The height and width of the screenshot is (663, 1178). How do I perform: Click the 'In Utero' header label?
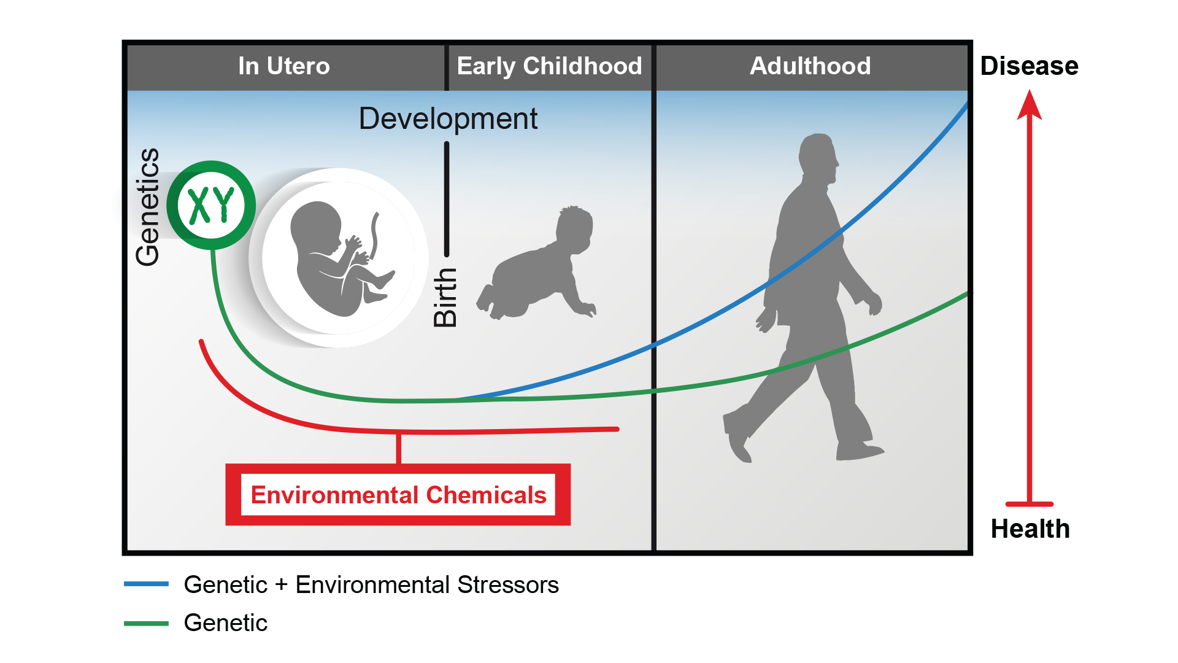284,66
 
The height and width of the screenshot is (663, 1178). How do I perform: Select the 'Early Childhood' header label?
549,66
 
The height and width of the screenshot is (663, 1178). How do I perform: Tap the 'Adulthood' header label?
810,66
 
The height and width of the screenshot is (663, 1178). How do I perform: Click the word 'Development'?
448,118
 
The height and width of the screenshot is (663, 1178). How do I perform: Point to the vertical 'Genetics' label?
148,207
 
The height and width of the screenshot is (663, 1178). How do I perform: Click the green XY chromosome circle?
211,205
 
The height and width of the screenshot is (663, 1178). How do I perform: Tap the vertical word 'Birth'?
445,297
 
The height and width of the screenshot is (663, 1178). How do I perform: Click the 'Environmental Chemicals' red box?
398,495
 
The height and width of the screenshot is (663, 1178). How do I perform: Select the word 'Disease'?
1030,66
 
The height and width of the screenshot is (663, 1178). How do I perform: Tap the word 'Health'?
1030,529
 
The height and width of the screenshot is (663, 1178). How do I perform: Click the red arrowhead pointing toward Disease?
1030,106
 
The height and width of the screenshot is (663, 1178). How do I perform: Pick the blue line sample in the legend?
146,584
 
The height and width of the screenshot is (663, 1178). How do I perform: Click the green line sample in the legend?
146,623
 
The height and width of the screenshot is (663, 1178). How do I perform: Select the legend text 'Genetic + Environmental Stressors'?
371,585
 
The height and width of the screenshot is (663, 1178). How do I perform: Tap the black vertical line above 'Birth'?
447,199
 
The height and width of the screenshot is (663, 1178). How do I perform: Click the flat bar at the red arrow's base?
1030,504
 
